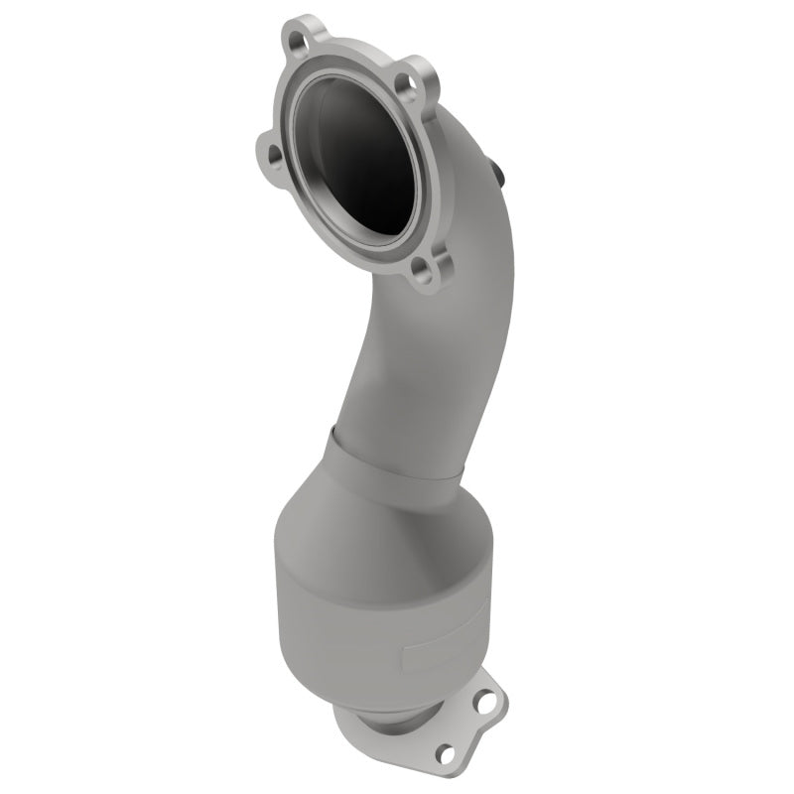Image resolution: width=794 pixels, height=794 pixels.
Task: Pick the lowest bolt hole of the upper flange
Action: pyautogui.click(x=425, y=268)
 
